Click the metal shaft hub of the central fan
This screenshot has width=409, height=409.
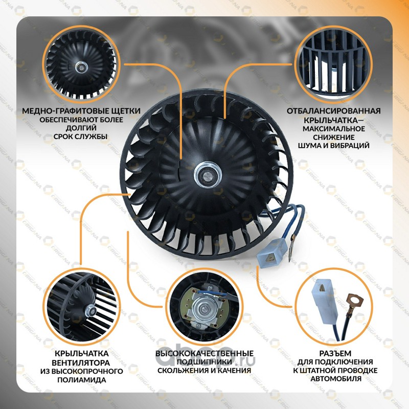208,174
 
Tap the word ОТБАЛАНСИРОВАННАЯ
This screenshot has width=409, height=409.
334,111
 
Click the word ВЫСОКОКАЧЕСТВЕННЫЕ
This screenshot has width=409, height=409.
204,353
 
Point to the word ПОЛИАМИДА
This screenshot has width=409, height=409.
82,379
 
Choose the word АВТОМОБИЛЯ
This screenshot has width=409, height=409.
336,378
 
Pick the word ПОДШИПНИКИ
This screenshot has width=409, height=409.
204,362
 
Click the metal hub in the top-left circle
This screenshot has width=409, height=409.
82,67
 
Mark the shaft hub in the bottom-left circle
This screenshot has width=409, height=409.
90,310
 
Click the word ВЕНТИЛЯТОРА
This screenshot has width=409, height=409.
81,363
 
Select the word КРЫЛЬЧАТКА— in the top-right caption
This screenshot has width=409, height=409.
334,121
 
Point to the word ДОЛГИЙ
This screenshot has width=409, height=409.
81,128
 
